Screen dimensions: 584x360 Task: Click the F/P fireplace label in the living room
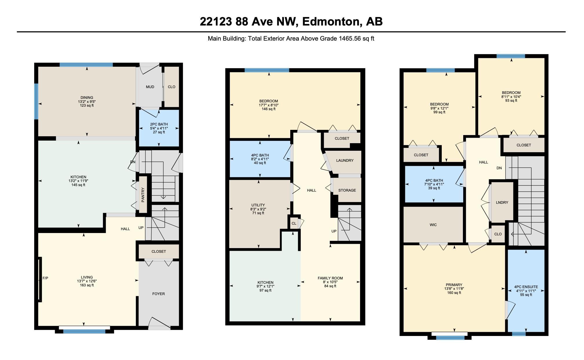pyautogui.click(x=45, y=278)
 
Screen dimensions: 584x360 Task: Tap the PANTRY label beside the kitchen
pyautogui.click(x=143, y=195)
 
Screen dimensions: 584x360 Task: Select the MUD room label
pyautogui.click(x=150, y=87)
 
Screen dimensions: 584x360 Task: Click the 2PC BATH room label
pyautogui.click(x=159, y=124)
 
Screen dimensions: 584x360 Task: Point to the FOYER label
pyautogui.click(x=158, y=294)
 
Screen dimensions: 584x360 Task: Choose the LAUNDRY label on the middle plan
pyautogui.click(x=345, y=161)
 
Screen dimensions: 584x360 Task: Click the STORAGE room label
pyautogui.click(x=347, y=190)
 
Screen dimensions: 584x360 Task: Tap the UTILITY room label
pyautogui.click(x=258, y=205)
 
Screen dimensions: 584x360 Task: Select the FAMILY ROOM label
pyautogui.click(x=330, y=278)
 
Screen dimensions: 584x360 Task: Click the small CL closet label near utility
pyautogui.click(x=294, y=223)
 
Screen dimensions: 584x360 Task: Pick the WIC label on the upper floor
pyautogui.click(x=433, y=225)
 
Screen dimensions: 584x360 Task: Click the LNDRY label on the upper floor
pyautogui.click(x=502, y=203)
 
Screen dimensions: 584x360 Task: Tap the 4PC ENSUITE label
pyautogui.click(x=526, y=287)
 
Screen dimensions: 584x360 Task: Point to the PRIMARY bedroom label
pyautogui.click(x=454, y=285)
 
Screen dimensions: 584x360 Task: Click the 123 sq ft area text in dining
pyautogui.click(x=87, y=106)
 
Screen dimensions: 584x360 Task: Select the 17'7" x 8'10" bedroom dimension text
pyautogui.click(x=269, y=105)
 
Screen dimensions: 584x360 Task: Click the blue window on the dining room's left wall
pyautogui.click(x=36, y=101)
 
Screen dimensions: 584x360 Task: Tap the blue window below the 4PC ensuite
pyautogui.click(x=519, y=334)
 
